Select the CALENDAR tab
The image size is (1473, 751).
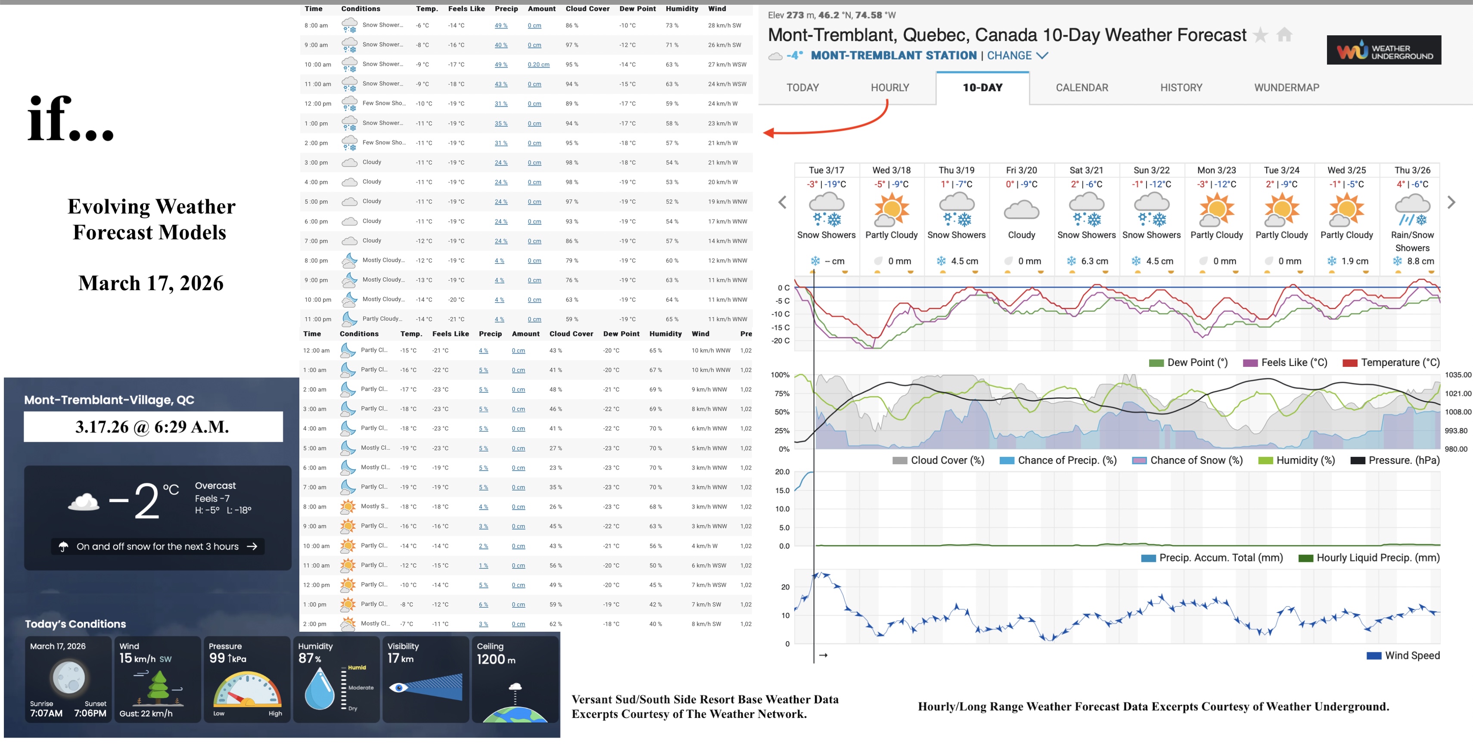click(1081, 87)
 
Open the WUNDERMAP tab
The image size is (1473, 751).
click(1286, 87)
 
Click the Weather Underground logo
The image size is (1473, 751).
click(1383, 50)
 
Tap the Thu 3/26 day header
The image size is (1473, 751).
click(1412, 171)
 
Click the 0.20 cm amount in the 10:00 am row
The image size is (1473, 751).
click(538, 65)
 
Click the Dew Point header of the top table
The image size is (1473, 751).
click(637, 9)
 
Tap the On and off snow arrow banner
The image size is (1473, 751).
click(158, 546)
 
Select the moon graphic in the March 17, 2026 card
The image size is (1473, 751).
click(68, 677)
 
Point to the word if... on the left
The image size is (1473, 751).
click(70, 119)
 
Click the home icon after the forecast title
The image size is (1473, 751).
click(1284, 35)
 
